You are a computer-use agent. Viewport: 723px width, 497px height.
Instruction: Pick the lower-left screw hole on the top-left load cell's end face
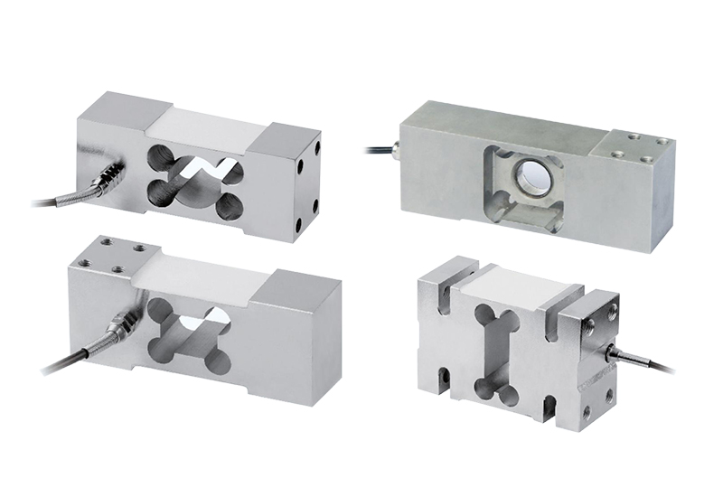(296, 224)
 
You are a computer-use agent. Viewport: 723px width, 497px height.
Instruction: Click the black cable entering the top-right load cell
(375, 145)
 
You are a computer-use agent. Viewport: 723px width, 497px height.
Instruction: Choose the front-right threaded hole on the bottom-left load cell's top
(121, 268)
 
